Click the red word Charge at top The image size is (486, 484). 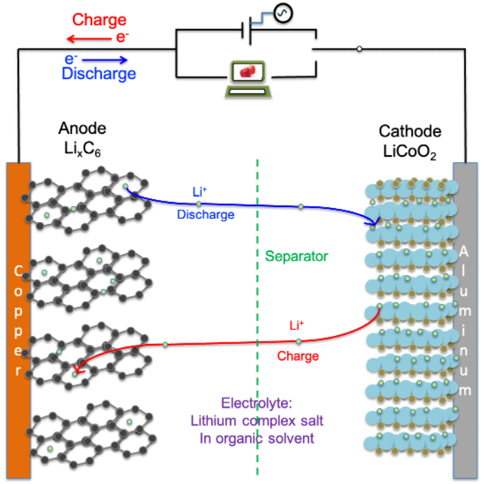pyautogui.click(x=99, y=20)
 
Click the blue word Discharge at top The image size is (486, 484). pyautogui.click(x=98, y=74)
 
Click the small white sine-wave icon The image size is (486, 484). pyautogui.click(x=282, y=13)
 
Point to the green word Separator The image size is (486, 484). pyautogui.click(x=297, y=256)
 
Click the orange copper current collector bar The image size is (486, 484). pyautogui.click(x=18, y=321)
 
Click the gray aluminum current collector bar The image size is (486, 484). pyautogui.click(x=465, y=321)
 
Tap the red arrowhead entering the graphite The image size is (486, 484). pyautogui.click(x=77, y=371)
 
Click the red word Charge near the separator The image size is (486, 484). pyautogui.click(x=298, y=356)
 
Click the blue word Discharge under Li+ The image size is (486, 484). pyautogui.click(x=206, y=214)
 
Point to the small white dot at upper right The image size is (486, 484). pyautogui.click(x=359, y=49)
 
